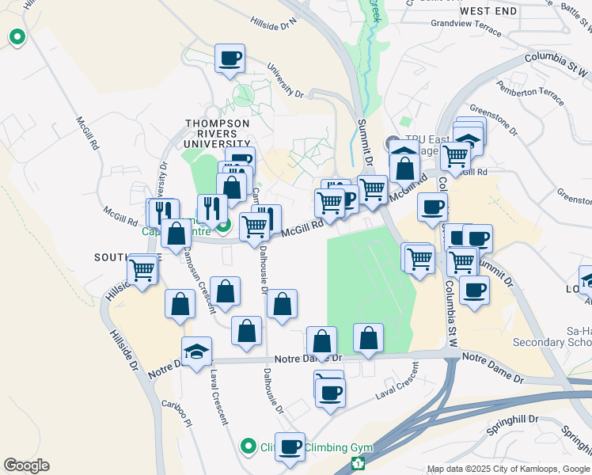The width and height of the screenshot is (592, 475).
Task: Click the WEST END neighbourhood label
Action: (x=488, y=11)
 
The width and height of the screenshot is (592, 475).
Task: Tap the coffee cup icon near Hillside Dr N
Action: (x=230, y=59)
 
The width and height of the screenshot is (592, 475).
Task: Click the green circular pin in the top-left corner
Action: (x=16, y=36)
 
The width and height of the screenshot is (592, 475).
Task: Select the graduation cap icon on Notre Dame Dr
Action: (x=196, y=351)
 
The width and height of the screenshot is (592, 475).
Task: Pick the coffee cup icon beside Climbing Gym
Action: (x=290, y=446)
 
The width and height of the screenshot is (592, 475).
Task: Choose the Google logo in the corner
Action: (x=26, y=465)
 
